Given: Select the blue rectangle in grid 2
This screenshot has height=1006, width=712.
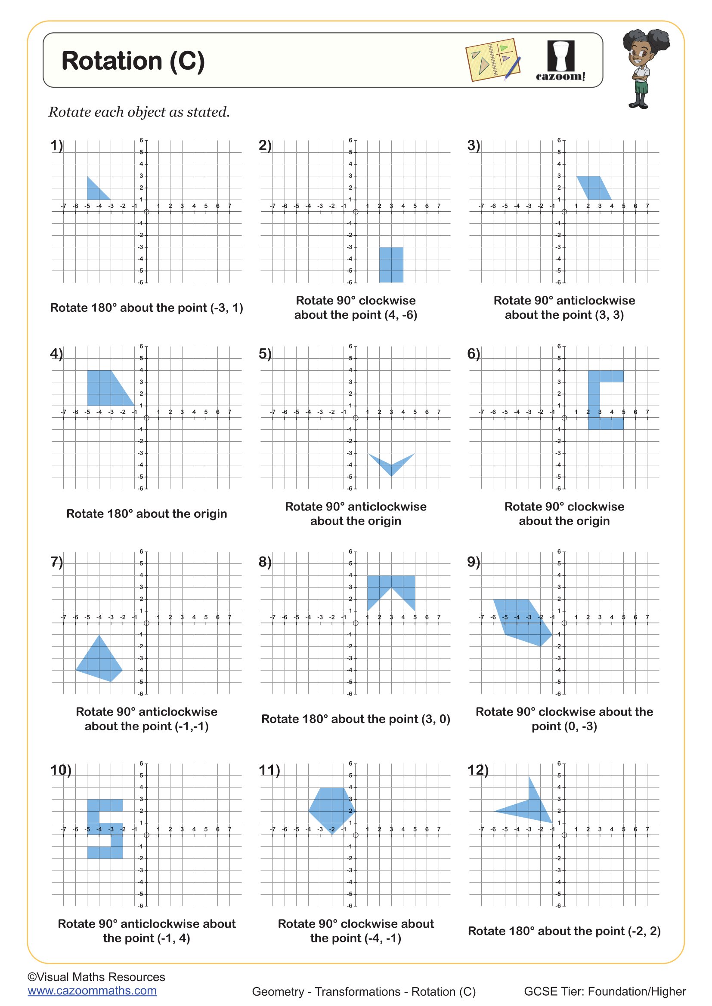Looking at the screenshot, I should pos(391,265).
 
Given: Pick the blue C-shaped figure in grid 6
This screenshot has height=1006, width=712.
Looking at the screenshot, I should pos(594,400).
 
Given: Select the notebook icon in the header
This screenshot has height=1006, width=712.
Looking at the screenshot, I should pos(493,61).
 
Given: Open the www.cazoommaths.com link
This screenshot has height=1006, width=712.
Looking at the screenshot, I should pos(92,991).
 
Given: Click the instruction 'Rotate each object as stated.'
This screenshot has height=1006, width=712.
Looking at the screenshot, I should pos(139,112).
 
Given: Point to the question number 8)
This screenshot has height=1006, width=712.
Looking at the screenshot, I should pos(265,562).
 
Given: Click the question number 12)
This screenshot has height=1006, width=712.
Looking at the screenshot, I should pos(477,770).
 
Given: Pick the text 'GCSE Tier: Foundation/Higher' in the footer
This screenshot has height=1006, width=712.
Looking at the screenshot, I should pos(604,991).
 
